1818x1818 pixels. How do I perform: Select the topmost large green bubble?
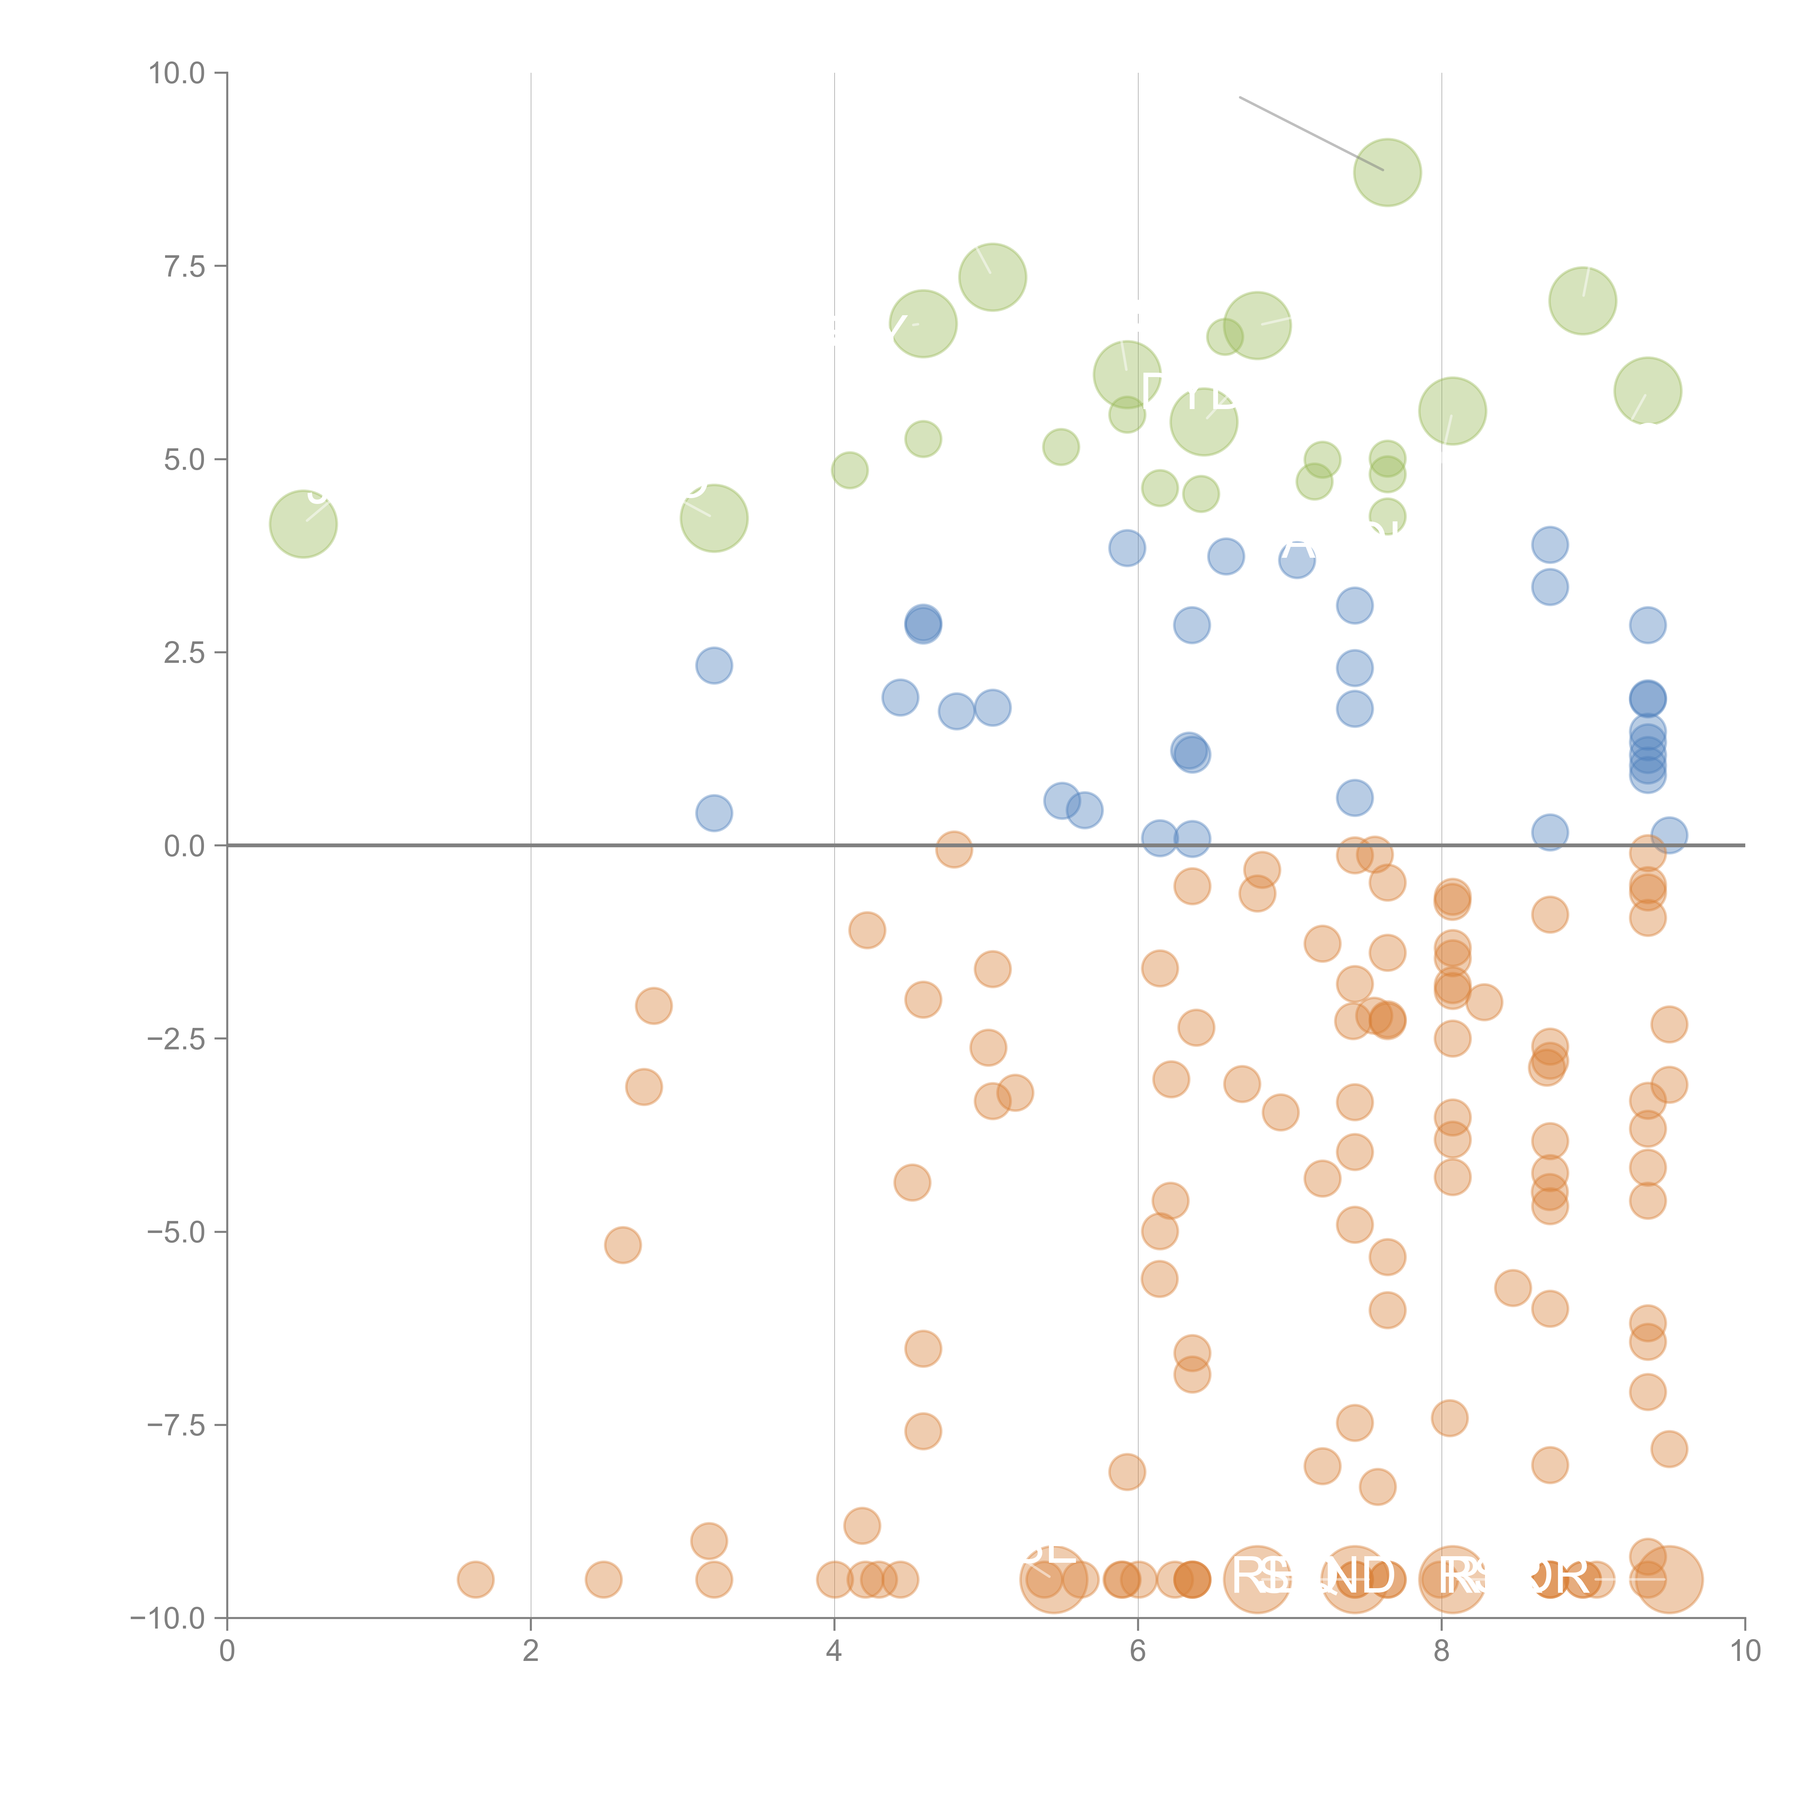point(1387,172)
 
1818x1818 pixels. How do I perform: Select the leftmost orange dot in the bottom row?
point(475,1579)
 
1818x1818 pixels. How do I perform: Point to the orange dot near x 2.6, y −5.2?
point(622,1245)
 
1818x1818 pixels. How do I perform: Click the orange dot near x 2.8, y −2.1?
point(653,1006)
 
